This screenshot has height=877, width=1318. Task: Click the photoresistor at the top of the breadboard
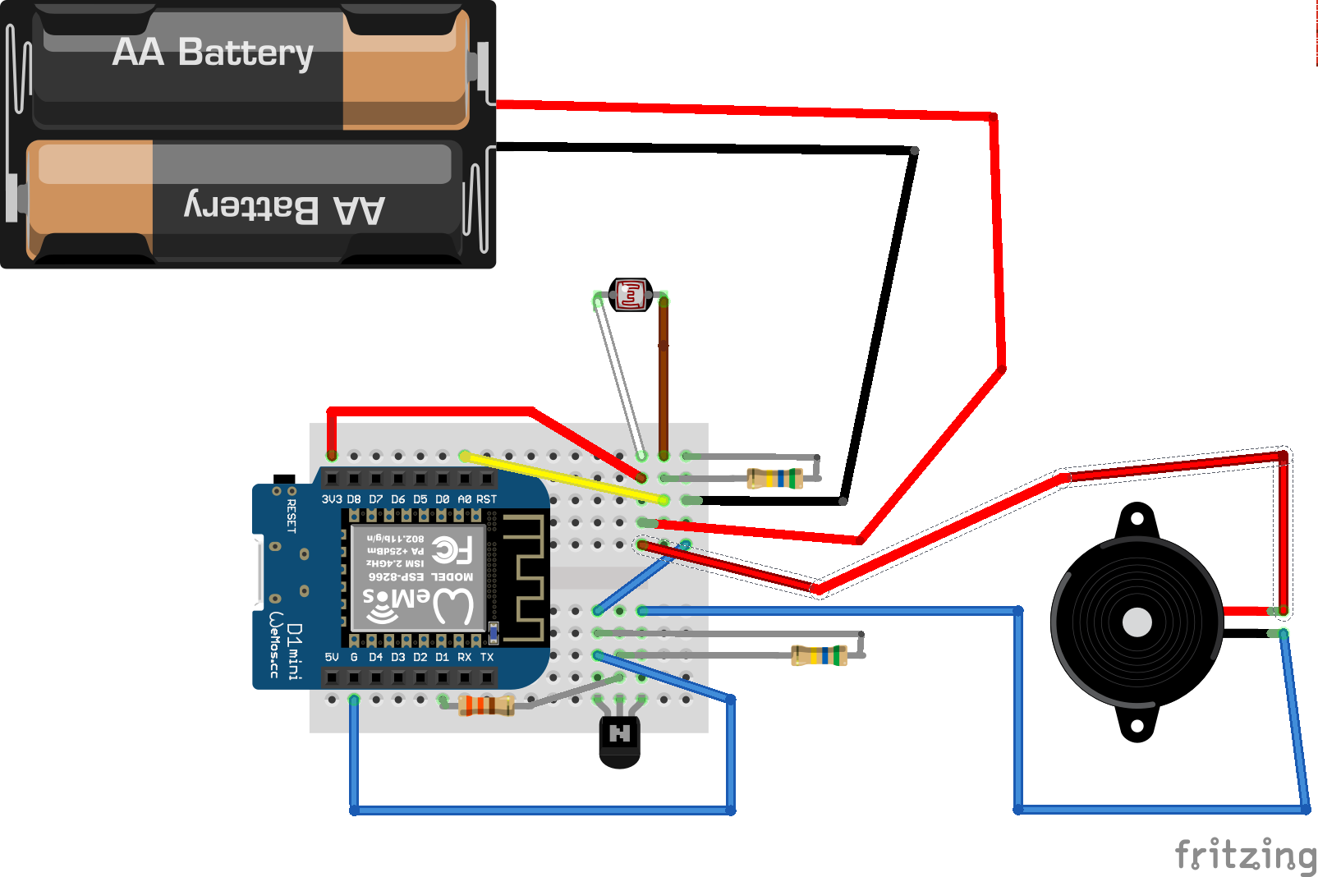click(631, 295)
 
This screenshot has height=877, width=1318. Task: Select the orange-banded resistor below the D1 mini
click(486, 705)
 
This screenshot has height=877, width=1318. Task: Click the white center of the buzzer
click(1137, 622)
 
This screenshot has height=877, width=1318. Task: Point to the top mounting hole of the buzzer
click(1137, 519)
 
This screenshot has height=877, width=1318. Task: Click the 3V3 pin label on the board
click(332, 499)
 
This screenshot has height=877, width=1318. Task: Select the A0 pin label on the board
click(465, 499)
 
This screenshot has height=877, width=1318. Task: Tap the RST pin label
click(487, 499)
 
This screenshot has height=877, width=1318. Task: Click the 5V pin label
click(332, 657)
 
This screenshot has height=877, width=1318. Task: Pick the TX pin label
click(487, 657)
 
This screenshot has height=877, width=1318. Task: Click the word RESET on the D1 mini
click(291, 516)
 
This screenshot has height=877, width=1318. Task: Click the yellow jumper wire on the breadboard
click(567, 478)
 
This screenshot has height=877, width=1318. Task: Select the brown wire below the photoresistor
click(664, 378)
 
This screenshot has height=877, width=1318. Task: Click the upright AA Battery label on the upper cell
click(213, 53)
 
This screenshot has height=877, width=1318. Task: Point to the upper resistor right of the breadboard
click(774, 478)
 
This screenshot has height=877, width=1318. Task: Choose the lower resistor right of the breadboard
click(819, 655)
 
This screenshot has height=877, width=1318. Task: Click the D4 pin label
click(375, 657)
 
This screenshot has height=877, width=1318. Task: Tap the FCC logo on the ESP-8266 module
click(452, 549)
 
